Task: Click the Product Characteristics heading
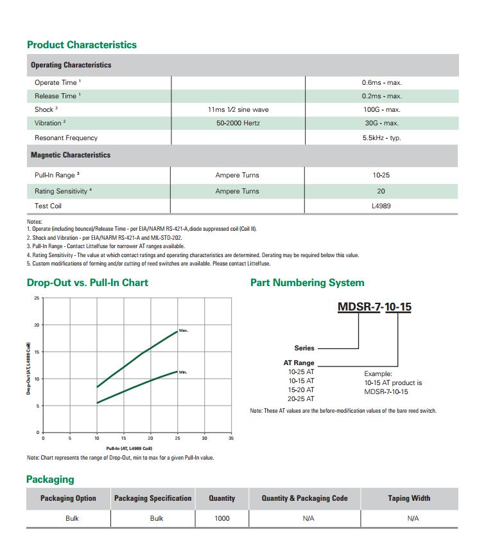[82, 45]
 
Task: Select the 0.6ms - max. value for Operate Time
[381, 82]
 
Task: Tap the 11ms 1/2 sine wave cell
[238, 109]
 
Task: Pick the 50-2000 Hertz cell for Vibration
[238, 123]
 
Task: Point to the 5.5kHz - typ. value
[381, 138]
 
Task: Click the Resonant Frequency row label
[66, 138]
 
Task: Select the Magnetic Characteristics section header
[71, 155]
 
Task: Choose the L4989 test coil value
[381, 206]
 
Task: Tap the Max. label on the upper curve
[183, 330]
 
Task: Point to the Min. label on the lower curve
[183, 372]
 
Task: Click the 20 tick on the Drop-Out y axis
[37, 325]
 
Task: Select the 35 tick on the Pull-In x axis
[231, 438]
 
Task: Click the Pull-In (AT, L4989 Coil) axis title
[129, 448]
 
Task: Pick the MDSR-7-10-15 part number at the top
[374, 307]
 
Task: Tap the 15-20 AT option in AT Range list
[301, 390]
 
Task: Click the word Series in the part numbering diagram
[304, 348]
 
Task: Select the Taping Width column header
[409, 498]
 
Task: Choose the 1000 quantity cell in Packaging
[221, 518]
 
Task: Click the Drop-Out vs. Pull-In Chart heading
[87, 283]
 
